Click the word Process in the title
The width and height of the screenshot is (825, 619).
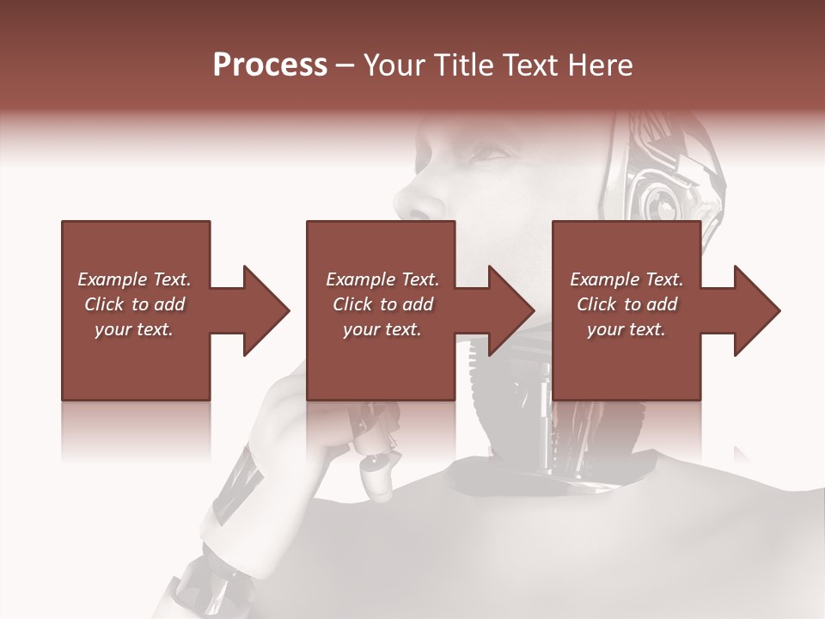(270, 65)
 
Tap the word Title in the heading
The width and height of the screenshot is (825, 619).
(463, 65)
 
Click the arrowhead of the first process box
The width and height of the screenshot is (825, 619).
(266, 310)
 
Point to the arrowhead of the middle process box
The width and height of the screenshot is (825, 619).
(512, 310)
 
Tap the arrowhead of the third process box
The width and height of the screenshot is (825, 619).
(757, 310)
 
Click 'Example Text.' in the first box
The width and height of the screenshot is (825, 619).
(134, 279)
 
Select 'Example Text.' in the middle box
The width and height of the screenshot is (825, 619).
(382, 279)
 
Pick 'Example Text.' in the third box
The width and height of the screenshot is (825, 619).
(626, 279)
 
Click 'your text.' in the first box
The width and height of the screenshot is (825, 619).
(134, 329)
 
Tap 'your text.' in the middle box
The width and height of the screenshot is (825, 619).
(382, 329)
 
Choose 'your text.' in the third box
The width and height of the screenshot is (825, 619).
(626, 329)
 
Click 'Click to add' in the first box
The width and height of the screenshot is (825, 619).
(134, 304)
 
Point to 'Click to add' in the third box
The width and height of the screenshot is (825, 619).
(626, 304)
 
